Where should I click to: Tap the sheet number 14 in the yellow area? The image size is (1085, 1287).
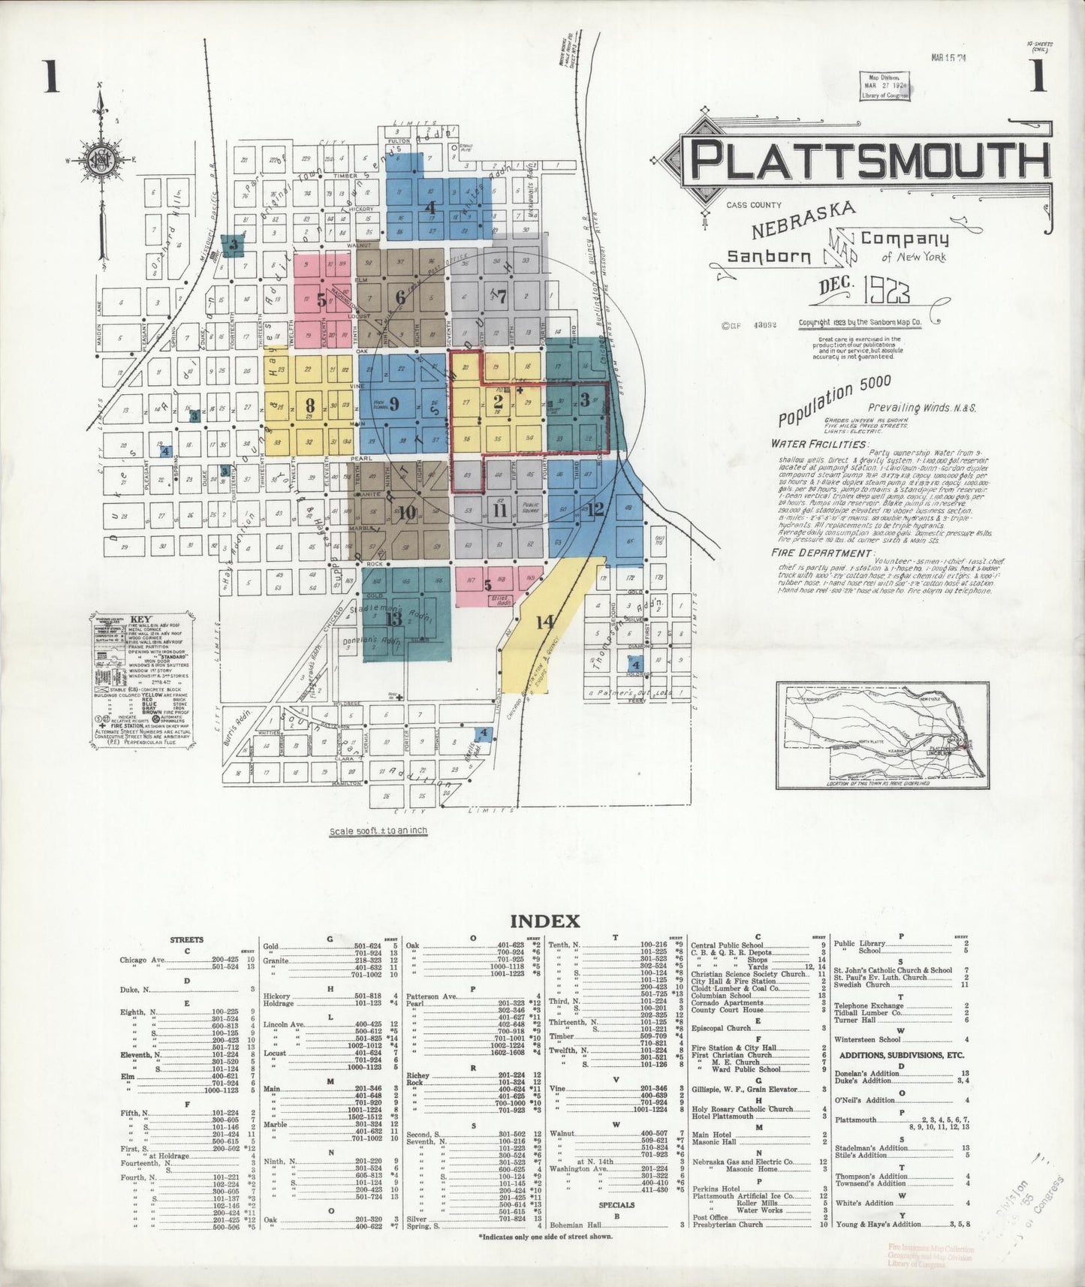[x=545, y=622]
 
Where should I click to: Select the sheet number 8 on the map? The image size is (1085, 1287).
[x=309, y=404]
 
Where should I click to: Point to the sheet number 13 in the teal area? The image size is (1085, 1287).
[x=393, y=619]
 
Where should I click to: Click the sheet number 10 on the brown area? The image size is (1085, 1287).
[x=407, y=514]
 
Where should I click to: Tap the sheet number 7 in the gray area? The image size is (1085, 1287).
[x=501, y=295]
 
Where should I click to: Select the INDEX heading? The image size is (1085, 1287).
[x=544, y=921]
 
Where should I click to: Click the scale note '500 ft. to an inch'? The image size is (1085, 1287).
[x=378, y=831]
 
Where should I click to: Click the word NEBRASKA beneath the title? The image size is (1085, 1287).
[x=803, y=219]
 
